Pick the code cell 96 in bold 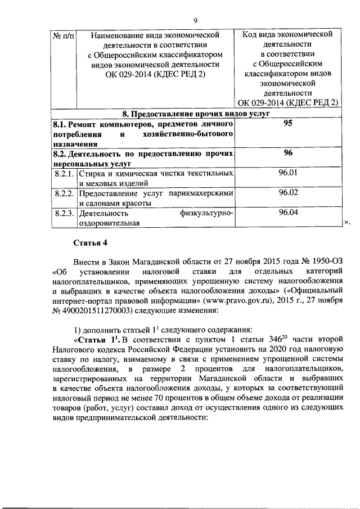(x=289, y=153)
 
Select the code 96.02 (x=289, y=193)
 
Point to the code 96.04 (x=289, y=213)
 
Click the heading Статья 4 (x=90, y=242)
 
